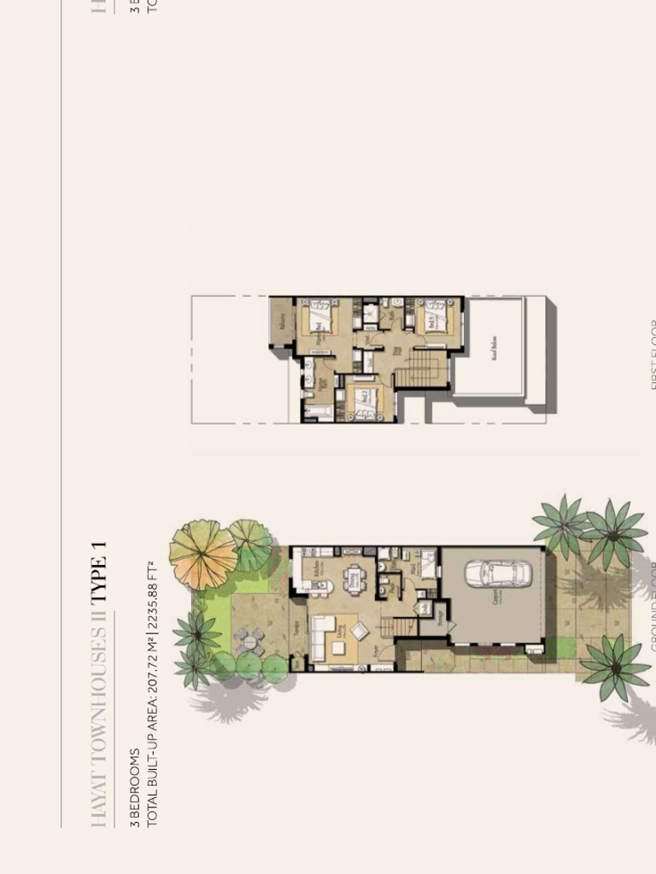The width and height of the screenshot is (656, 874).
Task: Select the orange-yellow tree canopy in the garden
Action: [202, 554]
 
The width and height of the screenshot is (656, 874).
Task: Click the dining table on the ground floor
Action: [354, 580]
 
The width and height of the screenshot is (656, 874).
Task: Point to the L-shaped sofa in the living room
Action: [324, 636]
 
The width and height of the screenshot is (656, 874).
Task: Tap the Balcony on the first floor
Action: [281, 322]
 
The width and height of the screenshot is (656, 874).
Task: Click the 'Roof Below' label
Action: [495, 346]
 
